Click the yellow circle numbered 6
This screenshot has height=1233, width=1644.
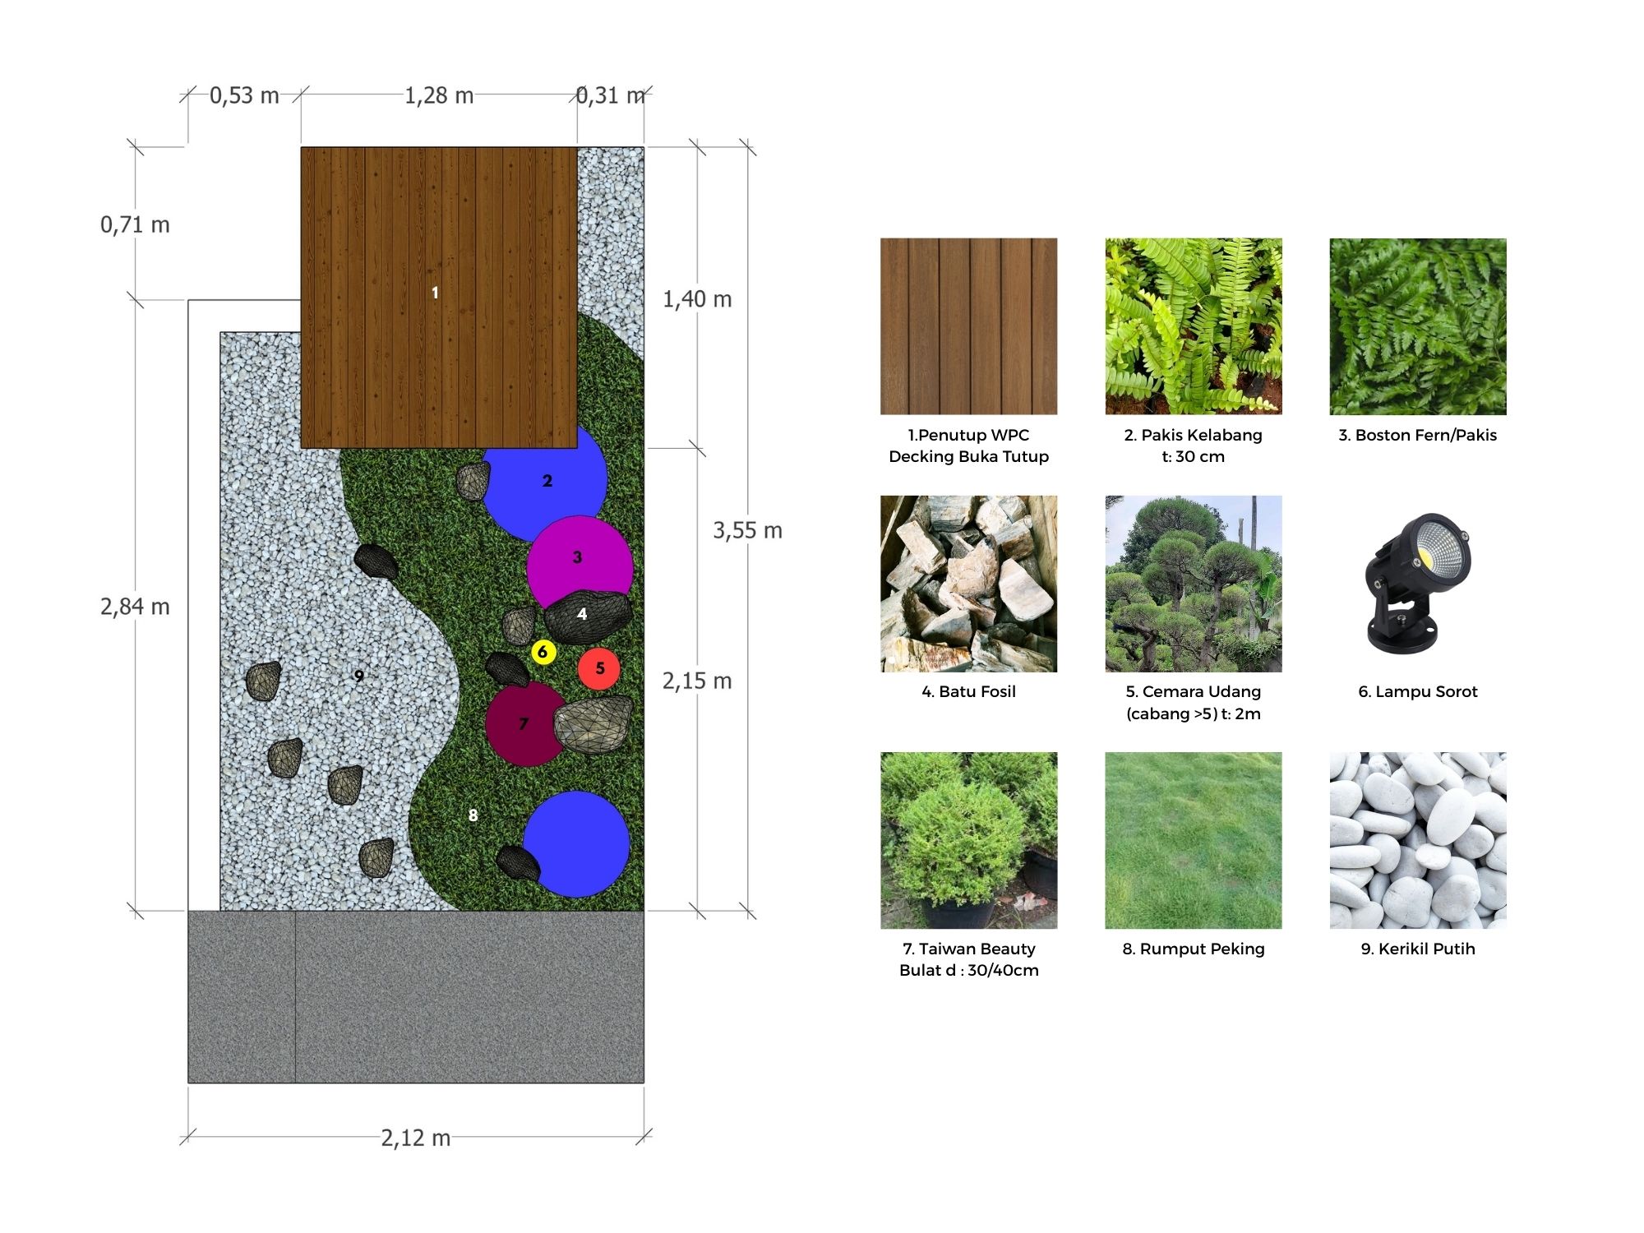(543, 652)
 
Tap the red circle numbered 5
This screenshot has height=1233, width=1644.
(599, 668)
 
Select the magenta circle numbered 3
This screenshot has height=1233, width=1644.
(580, 567)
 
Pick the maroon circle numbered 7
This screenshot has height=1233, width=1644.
(524, 723)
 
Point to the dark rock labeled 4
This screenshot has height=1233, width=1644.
(587, 616)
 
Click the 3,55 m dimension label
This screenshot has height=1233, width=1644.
(747, 530)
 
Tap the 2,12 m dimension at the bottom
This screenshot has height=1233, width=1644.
(415, 1138)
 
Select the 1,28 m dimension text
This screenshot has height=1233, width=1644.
(439, 95)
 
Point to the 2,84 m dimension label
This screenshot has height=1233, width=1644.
(135, 607)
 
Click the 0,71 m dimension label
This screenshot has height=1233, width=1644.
(135, 224)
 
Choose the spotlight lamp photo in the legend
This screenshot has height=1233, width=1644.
(1417, 584)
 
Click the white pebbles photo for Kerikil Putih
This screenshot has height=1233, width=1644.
(1418, 840)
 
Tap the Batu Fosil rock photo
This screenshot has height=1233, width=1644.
(968, 584)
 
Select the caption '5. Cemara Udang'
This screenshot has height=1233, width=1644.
(1193, 691)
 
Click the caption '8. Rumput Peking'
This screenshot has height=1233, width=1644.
(1194, 949)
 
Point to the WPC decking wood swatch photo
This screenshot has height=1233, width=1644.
(968, 326)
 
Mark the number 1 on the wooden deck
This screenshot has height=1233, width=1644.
(435, 293)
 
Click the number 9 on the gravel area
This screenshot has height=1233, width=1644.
(358, 676)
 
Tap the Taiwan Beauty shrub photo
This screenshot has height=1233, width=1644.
(968, 840)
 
